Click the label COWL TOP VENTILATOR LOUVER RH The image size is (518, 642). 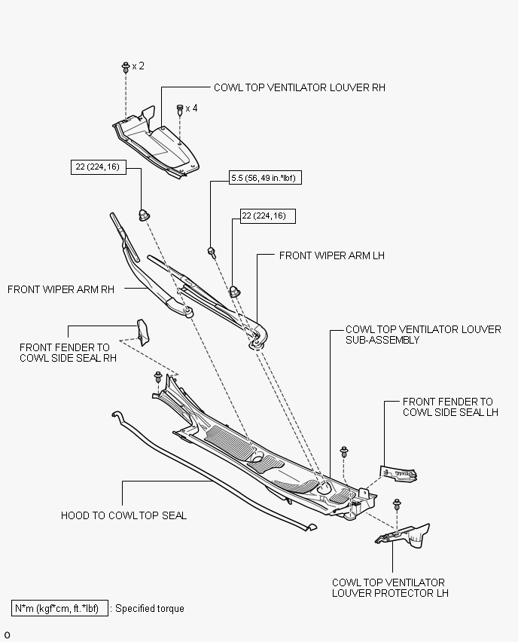pos(300,87)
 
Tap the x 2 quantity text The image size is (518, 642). pos(139,66)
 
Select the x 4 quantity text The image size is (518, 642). pos(191,108)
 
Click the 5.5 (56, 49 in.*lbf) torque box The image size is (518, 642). pos(265,178)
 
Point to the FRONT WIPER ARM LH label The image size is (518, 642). pos(332,255)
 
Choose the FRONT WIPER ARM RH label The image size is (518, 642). pos(61,289)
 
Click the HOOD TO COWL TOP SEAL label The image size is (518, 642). pos(123,515)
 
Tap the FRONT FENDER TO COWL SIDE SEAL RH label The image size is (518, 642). pos(68,353)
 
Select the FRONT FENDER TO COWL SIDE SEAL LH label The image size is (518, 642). pos(450,407)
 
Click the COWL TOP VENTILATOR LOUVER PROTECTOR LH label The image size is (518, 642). pos(390,588)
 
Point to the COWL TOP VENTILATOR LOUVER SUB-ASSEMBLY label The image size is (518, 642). pos(423,335)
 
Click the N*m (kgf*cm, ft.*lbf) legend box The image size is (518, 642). pos(59,608)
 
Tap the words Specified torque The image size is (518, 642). pos(150,608)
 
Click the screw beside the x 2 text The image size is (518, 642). pos(126,67)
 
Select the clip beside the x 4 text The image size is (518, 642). pos(180,109)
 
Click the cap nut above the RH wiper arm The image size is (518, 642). pos(144,216)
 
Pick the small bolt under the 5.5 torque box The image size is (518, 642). pos(212,252)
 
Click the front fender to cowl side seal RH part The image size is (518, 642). pos(143,332)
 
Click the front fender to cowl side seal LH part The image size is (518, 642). pos(398,474)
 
